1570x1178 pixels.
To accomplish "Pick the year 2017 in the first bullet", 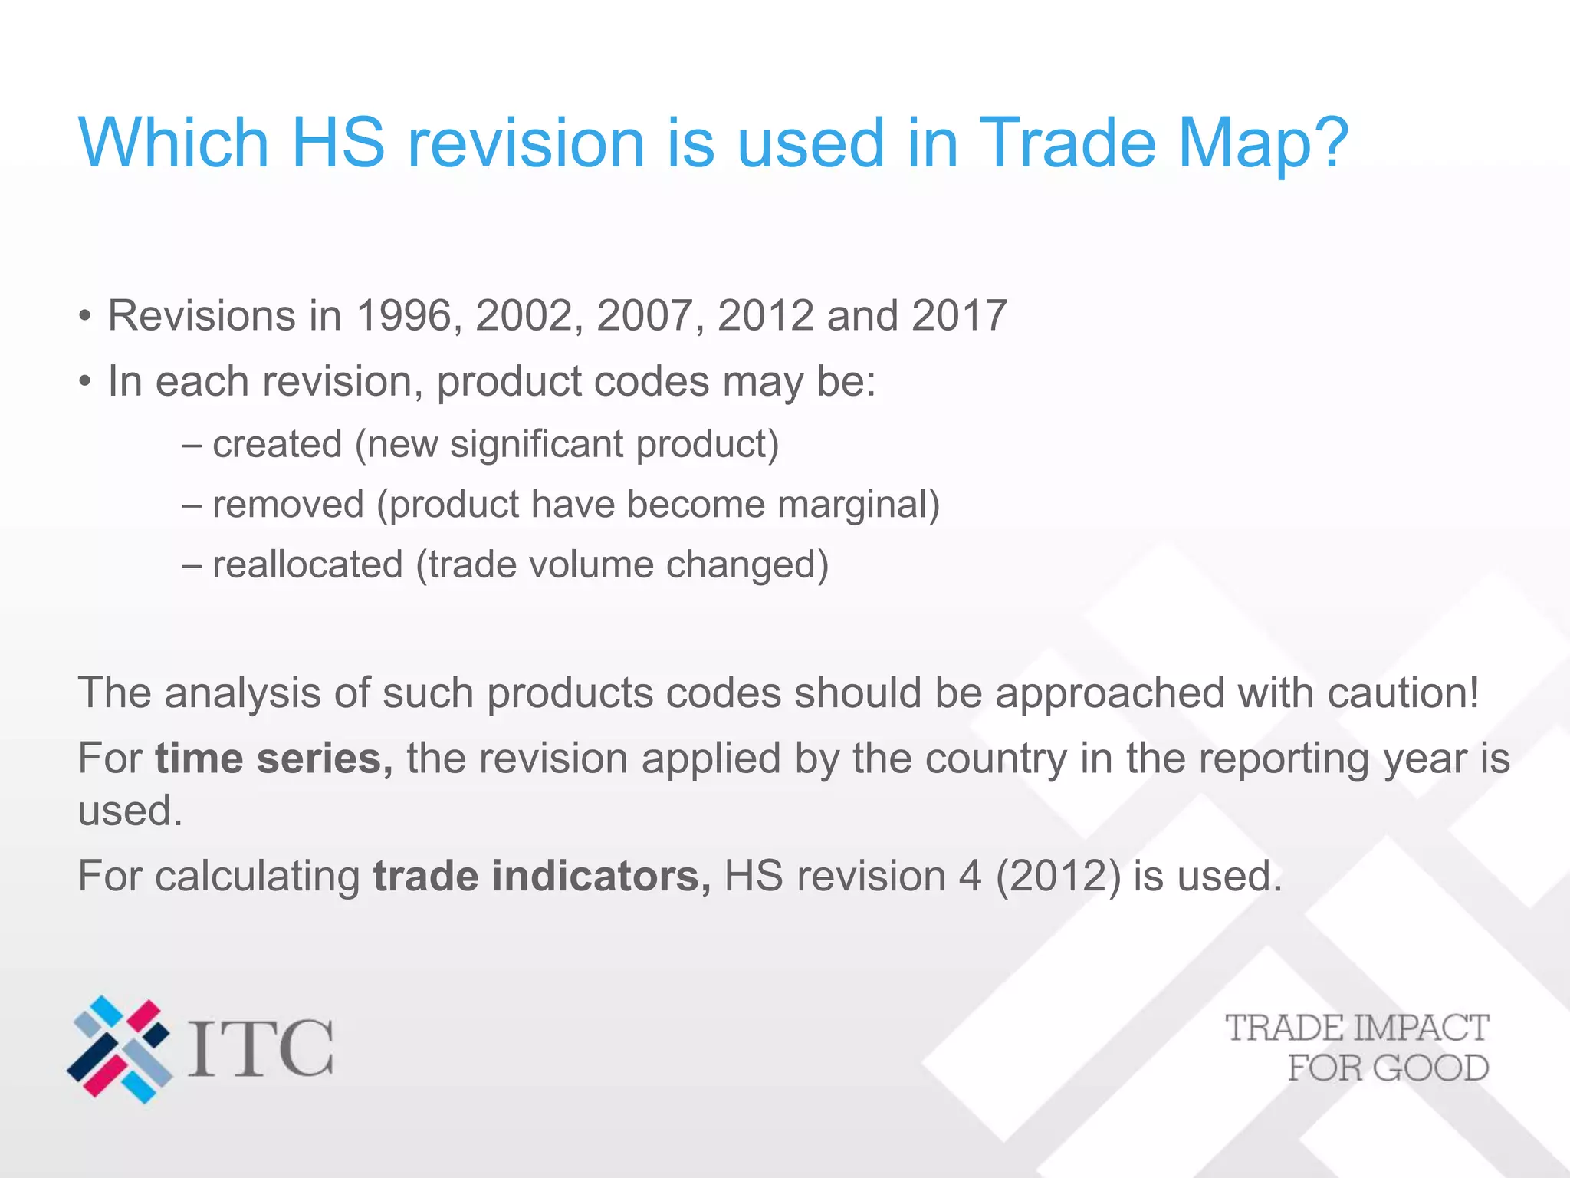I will coord(959,315).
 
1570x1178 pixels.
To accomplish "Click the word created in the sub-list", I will coord(277,444).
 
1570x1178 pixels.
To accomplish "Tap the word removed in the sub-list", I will coord(287,505).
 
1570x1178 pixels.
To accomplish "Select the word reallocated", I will coord(307,564).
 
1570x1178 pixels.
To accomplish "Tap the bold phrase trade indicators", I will coord(541,876).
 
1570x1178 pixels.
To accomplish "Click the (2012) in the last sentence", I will coord(1058,876).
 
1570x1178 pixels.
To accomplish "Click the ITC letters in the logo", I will coord(261,1048).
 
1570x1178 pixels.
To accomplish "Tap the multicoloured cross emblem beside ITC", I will coord(120,1048).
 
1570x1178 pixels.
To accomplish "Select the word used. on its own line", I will coord(130,811).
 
